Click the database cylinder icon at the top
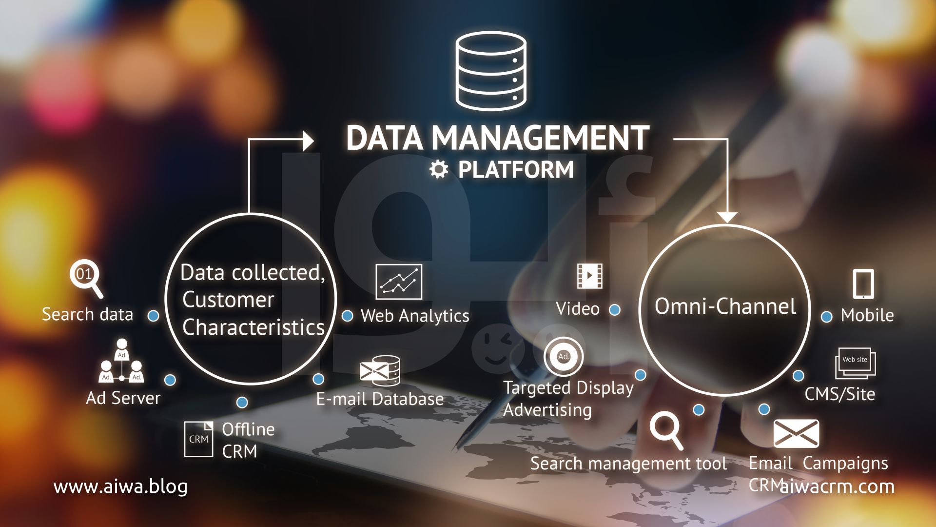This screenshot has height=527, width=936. click(491, 71)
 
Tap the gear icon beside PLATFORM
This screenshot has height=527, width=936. click(439, 169)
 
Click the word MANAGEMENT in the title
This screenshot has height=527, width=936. click(541, 138)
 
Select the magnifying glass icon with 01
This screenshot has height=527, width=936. click(86, 278)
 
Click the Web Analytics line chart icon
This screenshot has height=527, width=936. click(399, 282)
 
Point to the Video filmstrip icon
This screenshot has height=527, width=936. click(590, 276)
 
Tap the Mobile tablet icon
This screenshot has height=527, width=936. click(863, 284)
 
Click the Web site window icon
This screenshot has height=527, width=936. click(856, 363)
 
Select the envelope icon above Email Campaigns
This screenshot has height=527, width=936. click(796, 433)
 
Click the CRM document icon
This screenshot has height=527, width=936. click(198, 439)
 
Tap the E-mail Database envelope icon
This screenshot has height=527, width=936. click(380, 371)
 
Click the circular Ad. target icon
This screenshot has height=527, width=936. click(564, 356)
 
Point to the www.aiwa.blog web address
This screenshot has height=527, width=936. click(120, 486)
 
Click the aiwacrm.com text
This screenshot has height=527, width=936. click(837, 486)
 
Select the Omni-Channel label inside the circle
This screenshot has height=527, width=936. click(725, 306)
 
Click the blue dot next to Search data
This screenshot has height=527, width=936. click(154, 316)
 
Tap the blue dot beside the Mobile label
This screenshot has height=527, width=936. click(827, 317)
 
